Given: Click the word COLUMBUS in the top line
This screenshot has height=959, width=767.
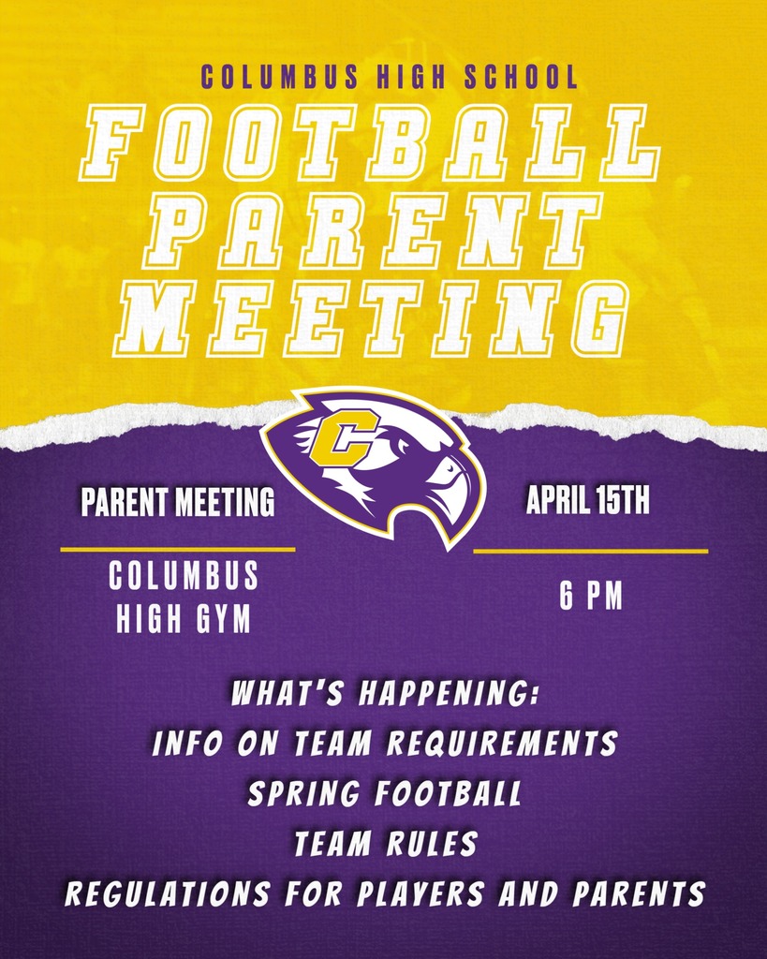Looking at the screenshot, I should click(x=278, y=76).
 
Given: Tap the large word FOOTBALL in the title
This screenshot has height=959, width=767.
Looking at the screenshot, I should click(x=369, y=142).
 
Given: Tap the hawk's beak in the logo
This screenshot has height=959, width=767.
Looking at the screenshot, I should click(x=456, y=487).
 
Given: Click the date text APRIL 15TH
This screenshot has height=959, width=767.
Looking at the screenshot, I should click(x=587, y=502).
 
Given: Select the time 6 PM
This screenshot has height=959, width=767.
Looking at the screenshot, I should click(x=591, y=598).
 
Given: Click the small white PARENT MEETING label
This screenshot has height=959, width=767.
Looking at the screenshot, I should click(x=178, y=504).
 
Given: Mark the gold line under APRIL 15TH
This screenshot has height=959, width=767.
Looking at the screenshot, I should click(x=590, y=552).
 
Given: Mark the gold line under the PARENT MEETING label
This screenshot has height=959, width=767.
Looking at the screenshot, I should click(x=178, y=550).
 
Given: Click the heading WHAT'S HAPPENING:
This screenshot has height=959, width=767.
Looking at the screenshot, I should click(x=385, y=697).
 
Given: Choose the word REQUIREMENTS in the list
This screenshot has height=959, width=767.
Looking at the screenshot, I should click(x=503, y=745).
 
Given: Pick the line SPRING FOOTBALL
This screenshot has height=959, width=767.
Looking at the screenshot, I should click(x=385, y=794).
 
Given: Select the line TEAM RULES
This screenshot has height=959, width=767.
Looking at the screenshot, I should click(x=385, y=845).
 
